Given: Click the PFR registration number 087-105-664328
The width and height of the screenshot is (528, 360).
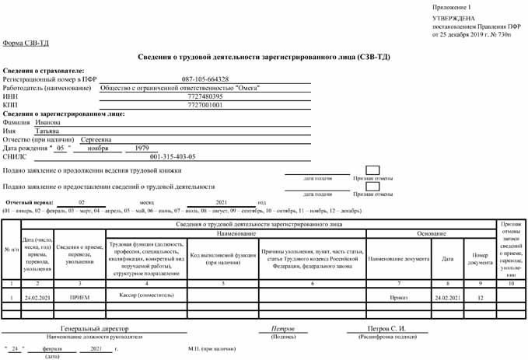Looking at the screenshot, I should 205,79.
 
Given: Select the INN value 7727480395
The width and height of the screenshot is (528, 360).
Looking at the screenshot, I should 205,96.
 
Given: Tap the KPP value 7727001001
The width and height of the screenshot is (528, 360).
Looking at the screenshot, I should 205,105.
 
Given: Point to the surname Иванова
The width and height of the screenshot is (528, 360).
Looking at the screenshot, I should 48,122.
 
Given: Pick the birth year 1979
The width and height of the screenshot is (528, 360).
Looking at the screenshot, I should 142,148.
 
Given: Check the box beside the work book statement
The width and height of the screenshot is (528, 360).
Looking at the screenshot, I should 362,170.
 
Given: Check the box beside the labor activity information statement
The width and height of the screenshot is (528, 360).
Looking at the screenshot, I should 362,186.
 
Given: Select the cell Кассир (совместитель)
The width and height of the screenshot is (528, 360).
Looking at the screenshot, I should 146,296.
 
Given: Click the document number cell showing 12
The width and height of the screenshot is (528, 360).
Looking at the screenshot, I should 480,298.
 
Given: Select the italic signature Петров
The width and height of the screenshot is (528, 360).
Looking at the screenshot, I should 282,329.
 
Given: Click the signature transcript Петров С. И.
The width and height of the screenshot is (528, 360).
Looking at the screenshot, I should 386,329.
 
